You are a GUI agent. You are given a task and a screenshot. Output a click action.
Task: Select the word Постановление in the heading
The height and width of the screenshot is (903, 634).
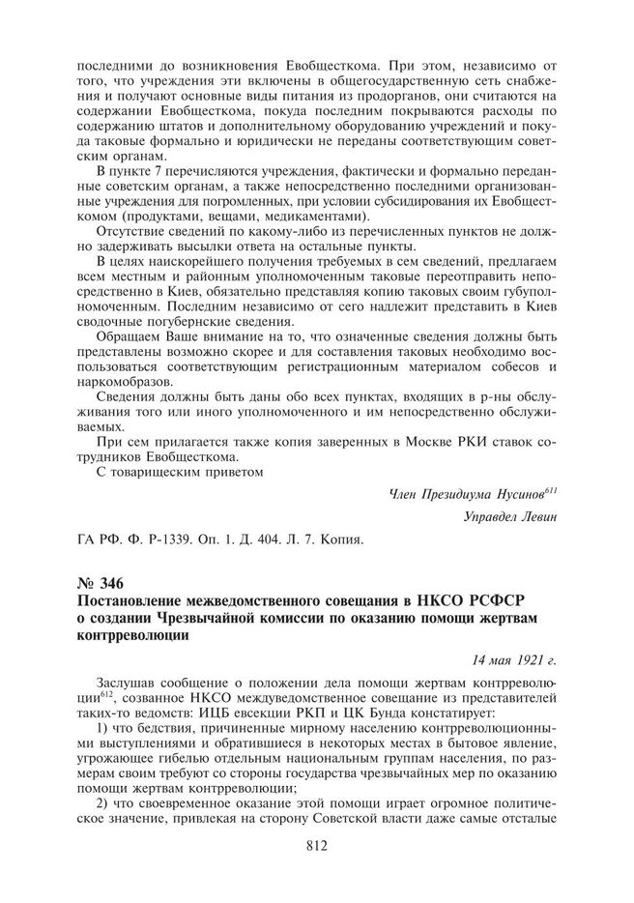tap(130, 601)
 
